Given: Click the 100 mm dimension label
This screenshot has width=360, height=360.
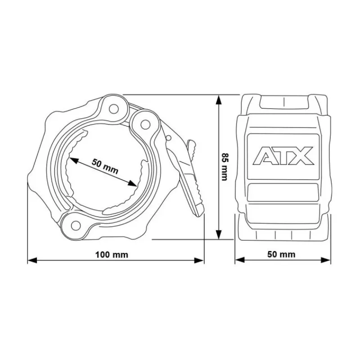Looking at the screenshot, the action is pos(112,255).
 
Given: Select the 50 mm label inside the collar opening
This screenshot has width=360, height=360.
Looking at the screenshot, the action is pos(105,166).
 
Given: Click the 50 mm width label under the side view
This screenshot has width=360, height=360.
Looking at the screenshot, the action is pos(281,254).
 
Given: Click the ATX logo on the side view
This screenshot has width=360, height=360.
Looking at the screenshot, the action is pos(283,156).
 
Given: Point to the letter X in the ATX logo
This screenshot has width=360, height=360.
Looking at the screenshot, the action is pos(303,156).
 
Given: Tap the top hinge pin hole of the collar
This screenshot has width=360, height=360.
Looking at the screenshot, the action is pos(114,109).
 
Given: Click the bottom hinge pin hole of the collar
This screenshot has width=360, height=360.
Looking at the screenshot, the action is pos(76,225).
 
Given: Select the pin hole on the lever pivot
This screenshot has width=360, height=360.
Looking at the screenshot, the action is pos(144,125).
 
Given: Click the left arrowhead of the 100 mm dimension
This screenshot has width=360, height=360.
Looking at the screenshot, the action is pos(32,261).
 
